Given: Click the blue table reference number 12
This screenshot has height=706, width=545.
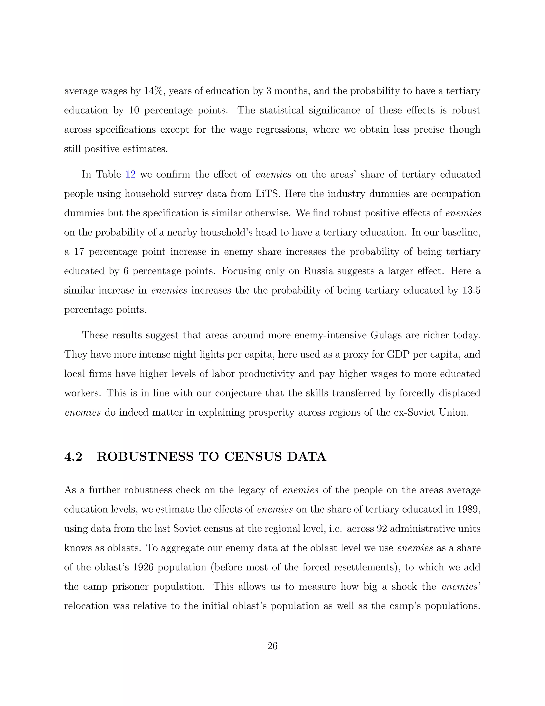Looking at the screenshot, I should (130, 175).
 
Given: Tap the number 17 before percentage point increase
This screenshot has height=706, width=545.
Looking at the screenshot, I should (79, 252).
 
